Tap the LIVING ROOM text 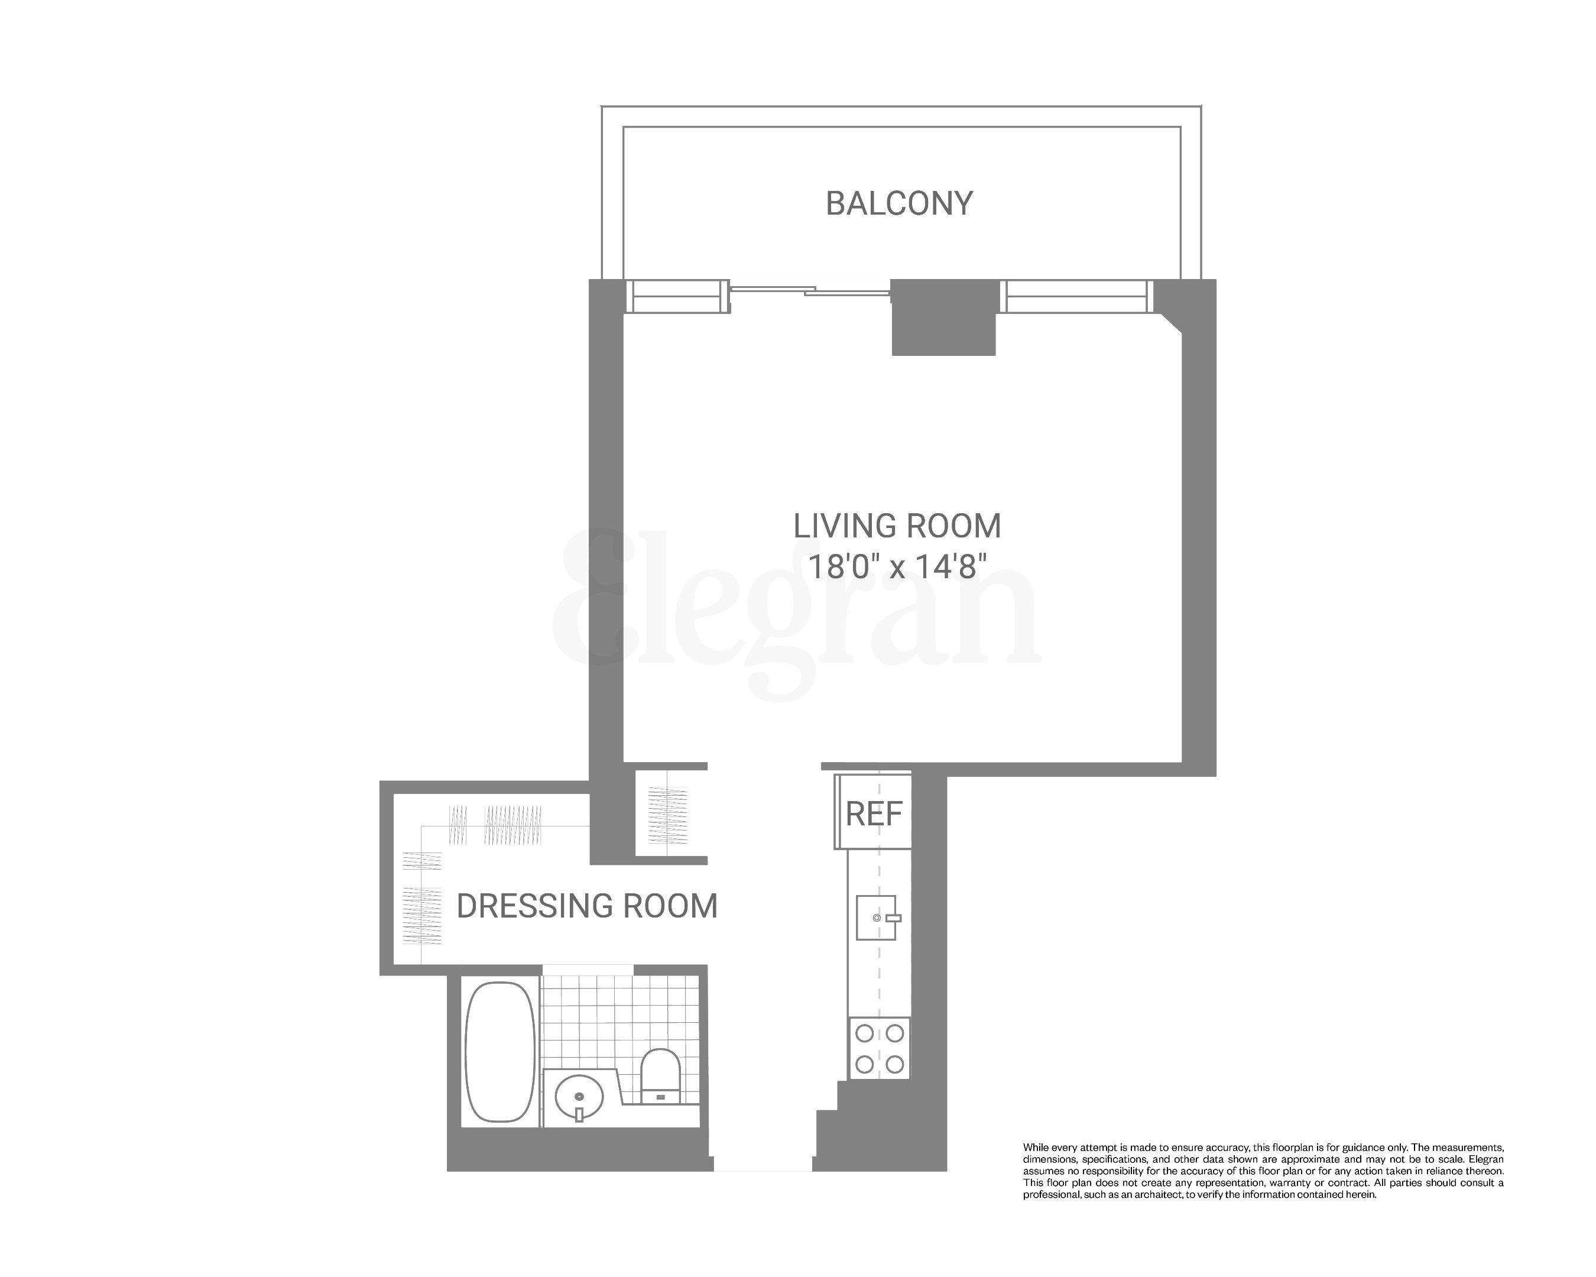[897, 526]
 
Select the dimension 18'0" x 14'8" [897, 568]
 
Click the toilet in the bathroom [660, 1075]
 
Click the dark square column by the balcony [943, 317]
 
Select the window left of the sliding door [674, 296]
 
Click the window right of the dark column [1076, 296]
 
